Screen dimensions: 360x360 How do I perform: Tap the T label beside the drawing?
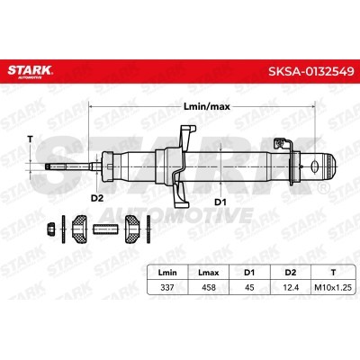[x=31, y=138]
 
